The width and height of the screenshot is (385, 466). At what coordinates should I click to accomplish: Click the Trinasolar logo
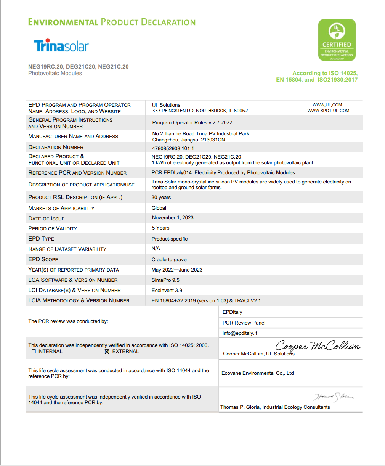[x=61, y=45]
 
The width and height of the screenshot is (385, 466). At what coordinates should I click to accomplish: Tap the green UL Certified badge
[x=337, y=40]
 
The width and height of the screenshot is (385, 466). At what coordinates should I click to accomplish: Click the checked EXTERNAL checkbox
[x=107, y=352]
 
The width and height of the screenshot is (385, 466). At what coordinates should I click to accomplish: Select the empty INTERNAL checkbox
[x=34, y=352]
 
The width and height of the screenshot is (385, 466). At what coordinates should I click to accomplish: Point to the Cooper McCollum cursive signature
[x=317, y=346]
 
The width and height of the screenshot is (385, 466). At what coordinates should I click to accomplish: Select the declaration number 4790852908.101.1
[x=173, y=148]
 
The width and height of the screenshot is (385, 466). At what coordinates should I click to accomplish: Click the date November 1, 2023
[x=173, y=218]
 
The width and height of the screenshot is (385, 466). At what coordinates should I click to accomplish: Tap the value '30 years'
[x=161, y=198]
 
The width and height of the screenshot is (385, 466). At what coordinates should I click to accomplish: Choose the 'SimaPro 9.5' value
[x=165, y=280]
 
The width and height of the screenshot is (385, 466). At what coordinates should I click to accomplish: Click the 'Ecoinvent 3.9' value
[x=167, y=290]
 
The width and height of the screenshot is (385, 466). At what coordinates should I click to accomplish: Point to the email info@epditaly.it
[x=240, y=333]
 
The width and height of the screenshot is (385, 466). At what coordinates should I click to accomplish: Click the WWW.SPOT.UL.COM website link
[x=328, y=111]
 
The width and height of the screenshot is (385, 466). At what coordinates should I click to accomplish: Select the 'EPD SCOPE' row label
[x=43, y=259]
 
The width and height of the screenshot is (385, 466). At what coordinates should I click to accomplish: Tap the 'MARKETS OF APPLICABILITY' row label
[x=61, y=208]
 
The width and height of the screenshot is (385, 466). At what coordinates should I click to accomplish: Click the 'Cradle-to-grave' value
[x=169, y=259]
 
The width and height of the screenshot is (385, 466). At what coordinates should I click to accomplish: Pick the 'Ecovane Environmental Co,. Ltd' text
[x=258, y=373]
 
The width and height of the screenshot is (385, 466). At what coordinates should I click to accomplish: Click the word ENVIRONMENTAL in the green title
[x=63, y=22]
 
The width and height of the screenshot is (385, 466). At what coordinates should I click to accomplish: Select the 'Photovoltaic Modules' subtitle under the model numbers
[x=55, y=73]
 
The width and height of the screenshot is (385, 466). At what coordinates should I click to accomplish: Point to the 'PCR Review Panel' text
[x=244, y=323]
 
